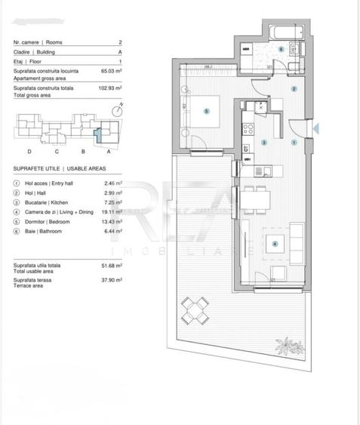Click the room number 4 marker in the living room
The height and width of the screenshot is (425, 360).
(x=275, y=243)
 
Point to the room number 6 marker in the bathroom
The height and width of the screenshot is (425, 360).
(x=281, y=50)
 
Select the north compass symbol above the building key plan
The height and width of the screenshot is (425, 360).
(x=115, y=110)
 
